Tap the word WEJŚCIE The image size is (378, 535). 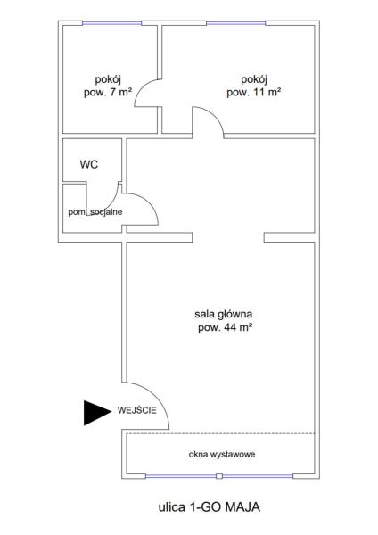136,410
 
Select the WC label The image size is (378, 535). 89,164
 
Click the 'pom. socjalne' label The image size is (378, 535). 95,212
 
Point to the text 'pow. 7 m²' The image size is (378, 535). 108,92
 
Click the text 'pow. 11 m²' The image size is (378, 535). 254,92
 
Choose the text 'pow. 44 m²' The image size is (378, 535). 226,327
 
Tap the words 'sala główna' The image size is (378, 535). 224,314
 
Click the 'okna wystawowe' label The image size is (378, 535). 222,454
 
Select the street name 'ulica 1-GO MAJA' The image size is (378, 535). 210,506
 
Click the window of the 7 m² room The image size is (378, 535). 112,23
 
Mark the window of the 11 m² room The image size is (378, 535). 235,23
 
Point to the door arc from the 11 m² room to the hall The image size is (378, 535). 215,116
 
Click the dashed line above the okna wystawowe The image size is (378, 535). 220,433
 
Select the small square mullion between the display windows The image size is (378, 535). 219,476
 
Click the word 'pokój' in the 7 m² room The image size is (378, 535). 108,79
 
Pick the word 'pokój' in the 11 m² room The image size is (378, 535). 254,79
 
